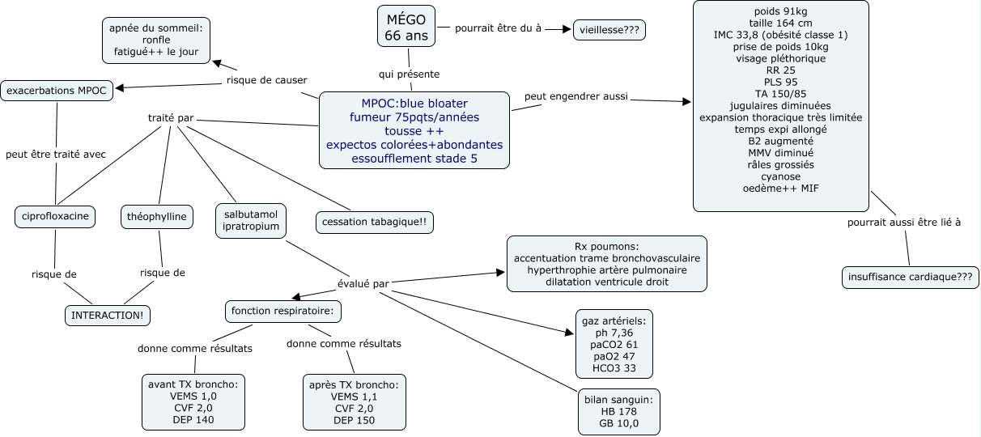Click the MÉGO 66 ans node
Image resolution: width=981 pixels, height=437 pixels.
(x=406, y=26)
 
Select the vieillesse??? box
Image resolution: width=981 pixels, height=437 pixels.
(x=609, y=30)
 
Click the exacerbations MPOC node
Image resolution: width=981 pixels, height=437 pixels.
(x=57, y=90)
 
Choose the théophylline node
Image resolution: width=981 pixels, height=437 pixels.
(x=158, y=216)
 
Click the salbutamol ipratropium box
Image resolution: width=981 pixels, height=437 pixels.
(x=251, y=219)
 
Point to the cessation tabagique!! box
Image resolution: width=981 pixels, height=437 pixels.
(x=374, y=222)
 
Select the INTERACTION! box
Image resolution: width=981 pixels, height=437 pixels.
(x=108, y=314)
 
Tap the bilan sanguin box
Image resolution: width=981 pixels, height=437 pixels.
(x=618, y=411)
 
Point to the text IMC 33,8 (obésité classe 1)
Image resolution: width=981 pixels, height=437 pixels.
(x=780, y=34)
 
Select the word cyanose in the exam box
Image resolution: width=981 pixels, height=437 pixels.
(x=780, y=176)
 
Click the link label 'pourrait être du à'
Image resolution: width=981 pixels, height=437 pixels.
(x=498, y=28)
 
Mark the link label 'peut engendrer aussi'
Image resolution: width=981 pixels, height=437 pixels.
(x=575, y=97)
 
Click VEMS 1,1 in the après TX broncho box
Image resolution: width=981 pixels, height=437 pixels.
(x=354, y=397)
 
